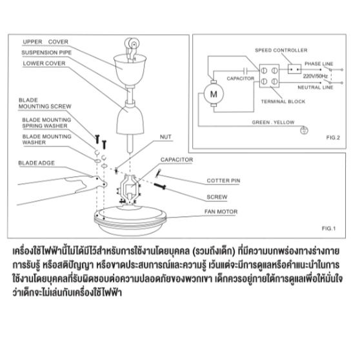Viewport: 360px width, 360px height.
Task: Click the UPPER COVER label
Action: point(45,42)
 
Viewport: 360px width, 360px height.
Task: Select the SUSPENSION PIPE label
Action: point(46,52)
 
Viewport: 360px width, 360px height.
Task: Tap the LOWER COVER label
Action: point(44,63)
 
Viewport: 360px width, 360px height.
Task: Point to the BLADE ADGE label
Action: point(37,163)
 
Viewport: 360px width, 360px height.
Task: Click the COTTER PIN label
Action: point(223,181)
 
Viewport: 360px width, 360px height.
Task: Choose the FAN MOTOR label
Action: point(221,212)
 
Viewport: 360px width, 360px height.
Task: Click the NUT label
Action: point(166,137)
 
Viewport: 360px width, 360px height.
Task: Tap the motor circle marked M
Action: point(214,94)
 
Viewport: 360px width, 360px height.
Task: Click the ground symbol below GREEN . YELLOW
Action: point(305,130)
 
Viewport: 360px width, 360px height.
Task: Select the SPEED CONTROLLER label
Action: point(281,50)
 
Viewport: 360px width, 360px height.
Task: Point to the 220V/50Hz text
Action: point(315,76)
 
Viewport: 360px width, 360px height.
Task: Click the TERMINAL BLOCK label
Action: point(283,101)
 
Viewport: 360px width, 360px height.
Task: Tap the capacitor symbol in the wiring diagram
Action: point(245,70)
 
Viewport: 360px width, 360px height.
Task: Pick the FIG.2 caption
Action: point(333,137)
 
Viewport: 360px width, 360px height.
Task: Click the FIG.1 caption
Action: point(328,228)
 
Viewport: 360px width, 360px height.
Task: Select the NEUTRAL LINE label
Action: point(315,88)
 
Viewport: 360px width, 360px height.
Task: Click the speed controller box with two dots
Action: point(295,69)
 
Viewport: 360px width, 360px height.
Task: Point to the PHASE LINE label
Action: point(319,64)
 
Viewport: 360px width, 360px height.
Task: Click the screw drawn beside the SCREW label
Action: point(160,186)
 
